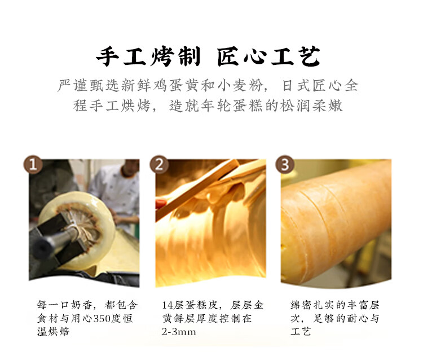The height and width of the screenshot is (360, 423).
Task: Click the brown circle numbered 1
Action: [33, 164]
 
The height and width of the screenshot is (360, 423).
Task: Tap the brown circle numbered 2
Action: [159, 164]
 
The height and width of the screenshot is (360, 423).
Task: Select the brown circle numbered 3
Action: [285, 164]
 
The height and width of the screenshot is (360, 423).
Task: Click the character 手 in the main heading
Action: [108, 56]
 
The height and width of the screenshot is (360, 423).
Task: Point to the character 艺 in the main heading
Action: [310, 56]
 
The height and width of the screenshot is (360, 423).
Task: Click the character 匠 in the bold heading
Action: [228, 56]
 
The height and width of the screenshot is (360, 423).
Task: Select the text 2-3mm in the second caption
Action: [179, 332]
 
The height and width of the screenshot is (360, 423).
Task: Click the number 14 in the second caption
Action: [168, 305]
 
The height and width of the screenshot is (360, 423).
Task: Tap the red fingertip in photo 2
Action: [161, 203]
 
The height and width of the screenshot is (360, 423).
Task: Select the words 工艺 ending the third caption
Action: [301, 332]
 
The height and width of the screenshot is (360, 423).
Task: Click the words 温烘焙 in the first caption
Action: [53, 332]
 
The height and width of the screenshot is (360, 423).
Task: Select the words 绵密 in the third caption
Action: [301, 305]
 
